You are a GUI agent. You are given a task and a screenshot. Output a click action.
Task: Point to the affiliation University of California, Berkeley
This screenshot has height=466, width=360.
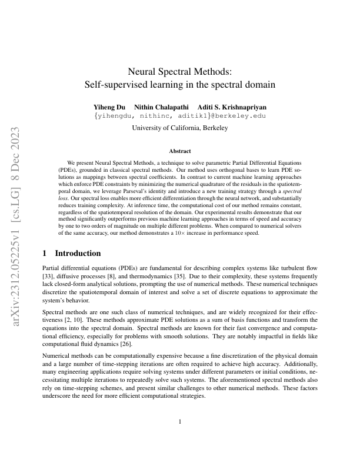tap(179, 128)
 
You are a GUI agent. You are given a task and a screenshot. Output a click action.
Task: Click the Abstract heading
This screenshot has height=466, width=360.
tap(179, 151)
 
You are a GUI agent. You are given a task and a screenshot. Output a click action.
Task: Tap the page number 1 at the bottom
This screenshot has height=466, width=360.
tap(179, 421)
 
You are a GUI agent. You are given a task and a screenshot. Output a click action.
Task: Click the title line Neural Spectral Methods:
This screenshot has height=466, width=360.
tap(179, 71)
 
